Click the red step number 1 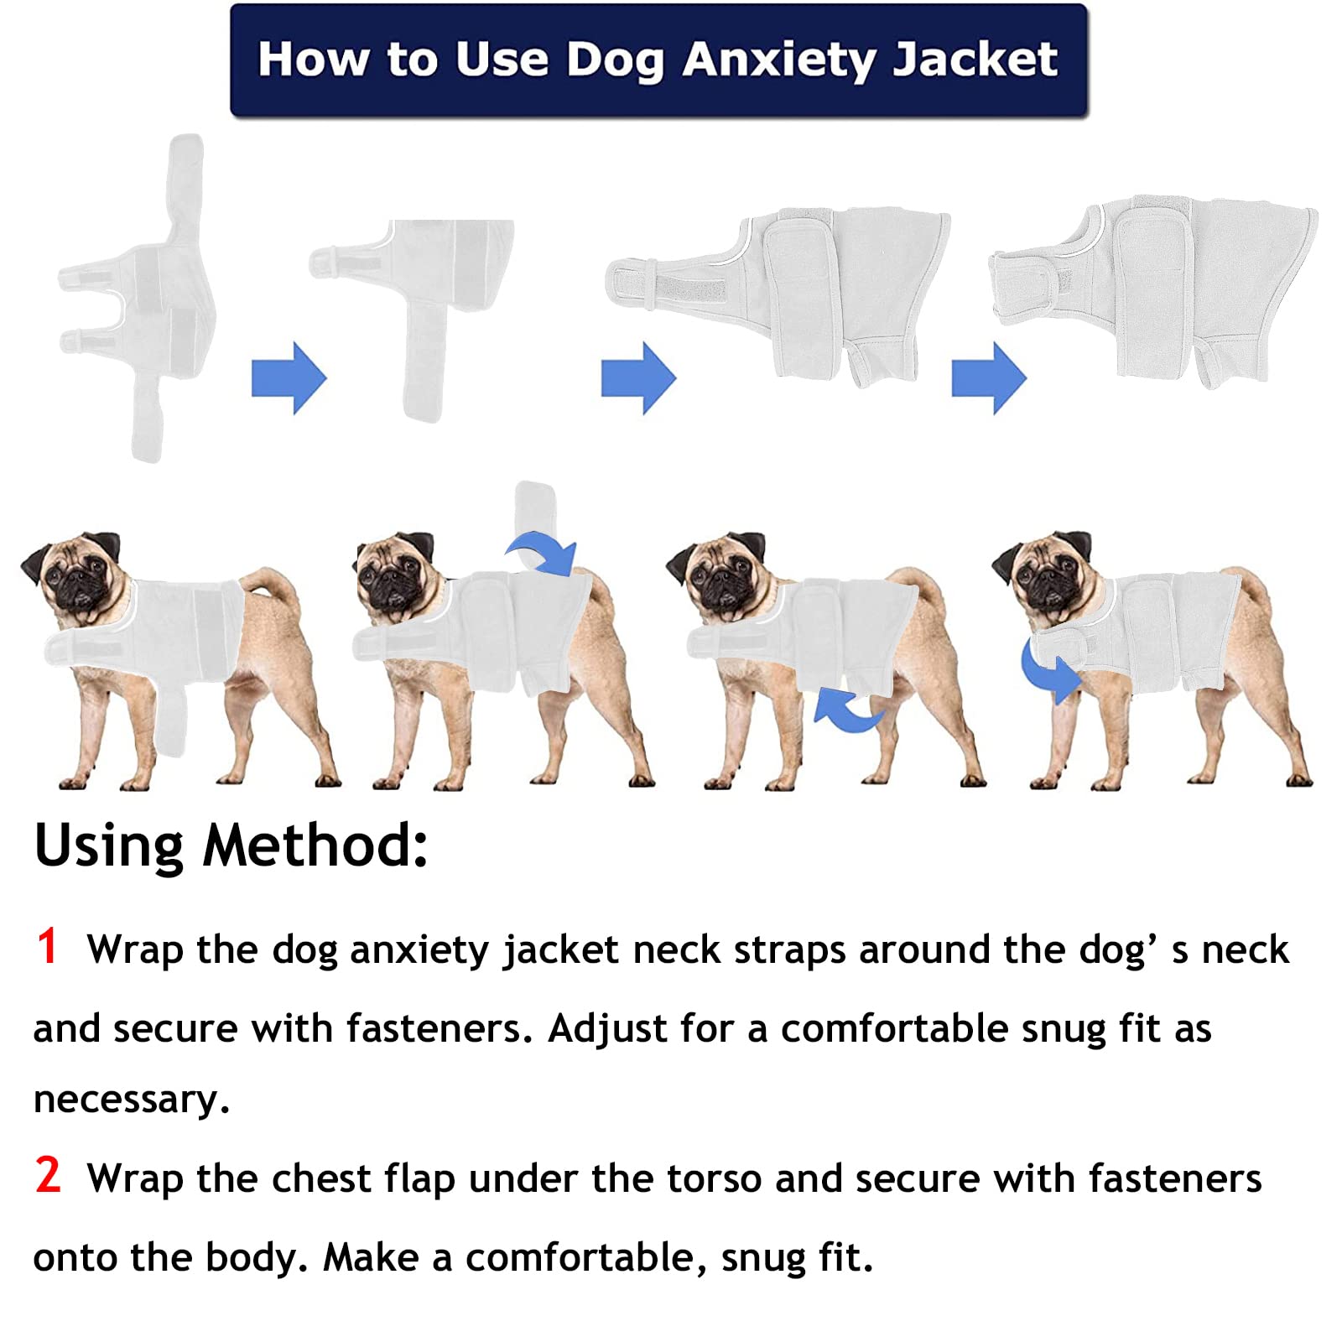click(x=47, y=946)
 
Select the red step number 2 click(x=48, y=1174)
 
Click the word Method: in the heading click(x=315, y=845)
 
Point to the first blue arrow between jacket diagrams click(x=289, y=377)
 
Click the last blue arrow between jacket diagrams click(x=988, y=377)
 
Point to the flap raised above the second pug click(x=533, y=507)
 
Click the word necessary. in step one click(x=132, y=1100)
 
